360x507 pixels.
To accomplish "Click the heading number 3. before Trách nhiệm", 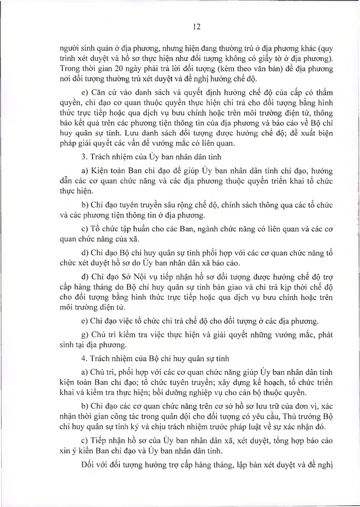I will [x=84, y=156].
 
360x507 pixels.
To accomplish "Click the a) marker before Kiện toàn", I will [x=84, y=169].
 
